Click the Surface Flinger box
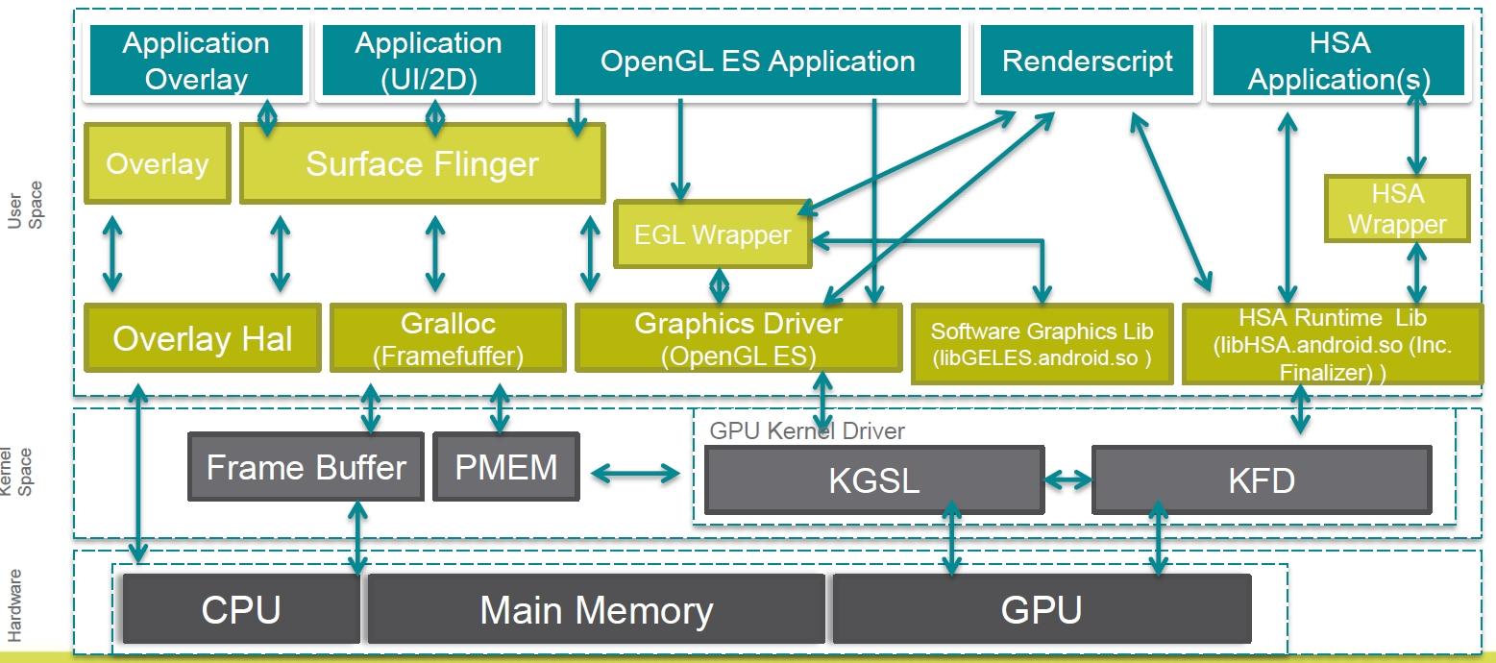click(x=422, y=163)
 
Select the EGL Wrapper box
click(x=713, y=234)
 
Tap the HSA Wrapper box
click(x=1397, y=209)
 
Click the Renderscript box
click(x=1087, y=61)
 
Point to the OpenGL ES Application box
click(x=757, y=61)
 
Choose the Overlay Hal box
click(x=203, y=338)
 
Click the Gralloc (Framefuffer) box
click(x=448, y=338)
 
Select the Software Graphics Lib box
click(x=1042, y=344)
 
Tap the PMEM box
click(x=506, y=467)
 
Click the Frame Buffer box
click(x=306, y=467)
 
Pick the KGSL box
click(x=874, y=480)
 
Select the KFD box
click(x=1262, y=480)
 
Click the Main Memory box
click(x=597, y=609)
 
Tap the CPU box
click(x=241, y=609)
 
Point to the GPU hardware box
click(x=1042, y=609)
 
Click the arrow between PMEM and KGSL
click(x=635, y=474)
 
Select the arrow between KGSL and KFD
click(x=1067, y=479)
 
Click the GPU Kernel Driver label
click(x=807, y=430)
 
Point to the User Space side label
click(x=25, y=205)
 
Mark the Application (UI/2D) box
click(x=429, y=61)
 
